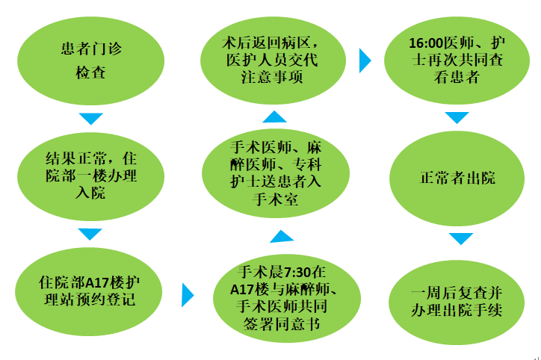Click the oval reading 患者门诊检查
click(89, 60)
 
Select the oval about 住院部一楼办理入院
click(89, 176)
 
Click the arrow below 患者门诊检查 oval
click(90, 119)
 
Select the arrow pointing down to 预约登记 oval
click(90, 234)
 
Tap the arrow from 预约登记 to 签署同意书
click(188, 294)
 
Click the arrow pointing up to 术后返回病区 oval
click(274, 117)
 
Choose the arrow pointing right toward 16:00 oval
click(365, 60)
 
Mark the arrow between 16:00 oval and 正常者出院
click(457, 117)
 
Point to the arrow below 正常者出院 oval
click(461, 238)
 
